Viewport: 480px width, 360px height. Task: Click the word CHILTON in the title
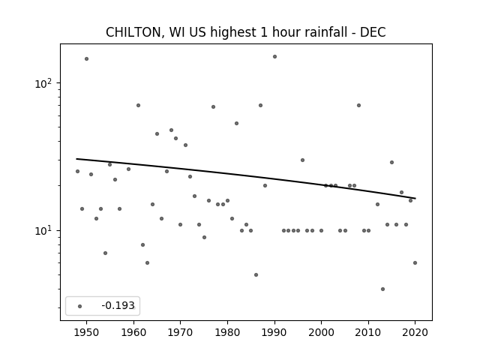coord(133,32)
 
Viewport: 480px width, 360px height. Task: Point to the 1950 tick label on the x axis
coord(87,332)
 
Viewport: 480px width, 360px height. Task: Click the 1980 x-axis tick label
coord(227,332)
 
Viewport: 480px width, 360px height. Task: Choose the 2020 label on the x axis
coord(415,332)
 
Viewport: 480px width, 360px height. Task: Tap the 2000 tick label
coord(321,332)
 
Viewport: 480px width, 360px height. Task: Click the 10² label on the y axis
coord(43,83)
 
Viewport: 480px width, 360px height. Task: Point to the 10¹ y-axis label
coord(43,230)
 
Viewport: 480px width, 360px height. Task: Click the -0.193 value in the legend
coord(118,305)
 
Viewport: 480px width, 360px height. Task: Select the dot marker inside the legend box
coord(80,306)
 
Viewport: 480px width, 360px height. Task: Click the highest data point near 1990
coord(274,57)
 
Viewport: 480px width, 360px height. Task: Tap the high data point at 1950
coord(87,58)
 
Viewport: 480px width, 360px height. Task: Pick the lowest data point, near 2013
coord(382,289)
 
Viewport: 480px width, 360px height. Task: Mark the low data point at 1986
coord(256,275)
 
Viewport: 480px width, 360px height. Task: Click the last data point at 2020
coord(415,262)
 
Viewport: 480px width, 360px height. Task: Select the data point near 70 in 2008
coord(358,105)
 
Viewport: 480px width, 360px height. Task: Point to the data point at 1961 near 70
coord(138,105)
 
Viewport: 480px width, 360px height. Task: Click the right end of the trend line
coord(415,198)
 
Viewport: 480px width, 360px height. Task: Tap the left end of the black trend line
coord(76,158)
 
